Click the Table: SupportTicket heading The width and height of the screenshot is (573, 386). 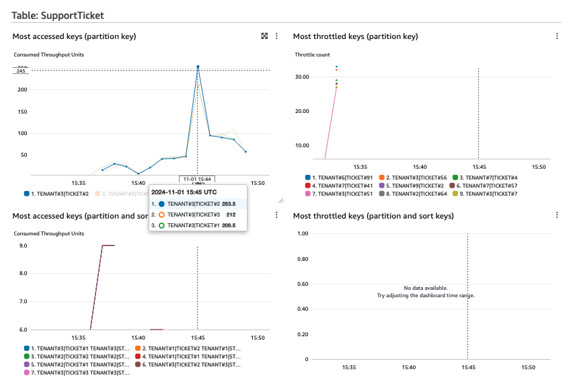[x=58, y=14]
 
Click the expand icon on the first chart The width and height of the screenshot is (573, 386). [x=264, y=36]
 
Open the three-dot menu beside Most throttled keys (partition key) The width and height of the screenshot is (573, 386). [x=557, y=36]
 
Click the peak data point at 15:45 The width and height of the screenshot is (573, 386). [x=198, y=67]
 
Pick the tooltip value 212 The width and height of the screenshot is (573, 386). [x=230, y=215]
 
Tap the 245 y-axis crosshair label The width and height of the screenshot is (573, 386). [x=21, y=71]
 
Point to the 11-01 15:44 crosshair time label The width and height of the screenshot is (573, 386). [x=196, y=179]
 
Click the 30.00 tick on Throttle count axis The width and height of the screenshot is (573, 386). [x=303, y=77]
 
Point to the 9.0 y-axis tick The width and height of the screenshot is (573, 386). [x=24, y=246]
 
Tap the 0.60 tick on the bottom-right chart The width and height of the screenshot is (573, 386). [x=303, y=284]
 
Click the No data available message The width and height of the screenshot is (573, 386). [x=425, y=288]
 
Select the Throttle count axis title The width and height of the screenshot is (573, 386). [x=312, y=54]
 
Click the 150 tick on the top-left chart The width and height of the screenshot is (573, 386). [x=22, y=112]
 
